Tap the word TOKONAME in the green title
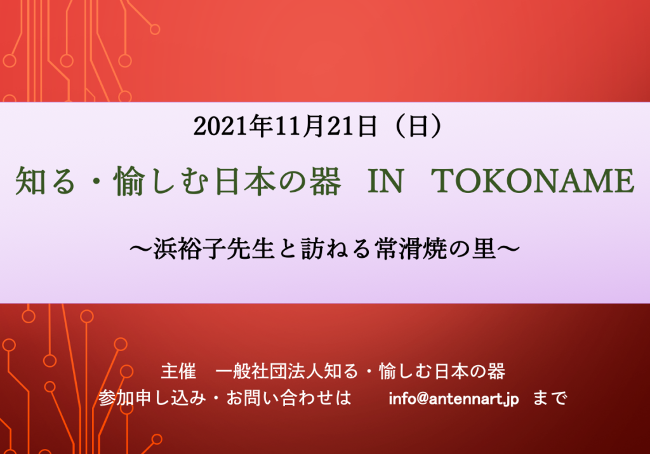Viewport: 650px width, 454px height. point(533,181)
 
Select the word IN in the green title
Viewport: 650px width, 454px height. point(385,181)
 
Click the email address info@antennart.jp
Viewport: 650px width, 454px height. point(453,399)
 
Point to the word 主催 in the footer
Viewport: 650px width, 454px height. point(178,371)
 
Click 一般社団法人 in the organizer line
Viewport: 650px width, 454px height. point(269,371)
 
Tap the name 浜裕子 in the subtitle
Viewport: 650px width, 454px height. point(189,249)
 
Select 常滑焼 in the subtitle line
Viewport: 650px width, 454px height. point(411,249)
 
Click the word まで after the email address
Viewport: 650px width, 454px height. point(550,399)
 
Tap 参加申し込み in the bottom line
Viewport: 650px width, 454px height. point(152,399)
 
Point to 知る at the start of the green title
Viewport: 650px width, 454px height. point(45,181)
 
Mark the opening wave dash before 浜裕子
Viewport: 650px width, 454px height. point(141,249)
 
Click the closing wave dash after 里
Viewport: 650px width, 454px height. point(508,249)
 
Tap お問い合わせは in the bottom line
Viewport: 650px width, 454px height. point(289,399)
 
